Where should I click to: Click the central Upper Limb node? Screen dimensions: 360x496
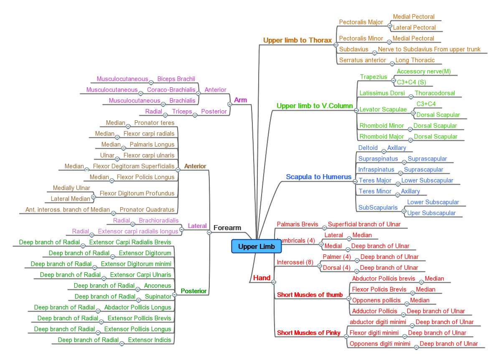(256, 246)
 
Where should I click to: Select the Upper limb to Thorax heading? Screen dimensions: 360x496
(297, 41)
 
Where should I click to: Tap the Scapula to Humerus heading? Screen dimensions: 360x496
(318, 177)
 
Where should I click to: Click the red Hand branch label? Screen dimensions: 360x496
(262, 278)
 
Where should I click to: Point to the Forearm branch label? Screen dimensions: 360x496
(227, 228)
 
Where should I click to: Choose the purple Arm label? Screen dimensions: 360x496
(240, 100)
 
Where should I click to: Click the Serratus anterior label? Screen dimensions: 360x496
(362, 60)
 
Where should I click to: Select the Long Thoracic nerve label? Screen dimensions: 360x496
(415, 60)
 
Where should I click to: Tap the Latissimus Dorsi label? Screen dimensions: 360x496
(382, 93)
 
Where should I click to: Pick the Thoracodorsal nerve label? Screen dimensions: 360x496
(435, 93)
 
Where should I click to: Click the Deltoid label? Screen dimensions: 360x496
(368, 148)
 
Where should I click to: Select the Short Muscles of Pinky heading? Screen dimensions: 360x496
(308, 333)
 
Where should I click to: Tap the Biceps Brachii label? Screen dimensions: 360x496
(176, 79)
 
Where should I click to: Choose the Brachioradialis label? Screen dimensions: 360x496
(158, 221)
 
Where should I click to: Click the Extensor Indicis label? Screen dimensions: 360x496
(149, 340)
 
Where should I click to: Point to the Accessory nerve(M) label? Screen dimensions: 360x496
(424, 71)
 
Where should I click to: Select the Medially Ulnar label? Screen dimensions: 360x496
(71, 188)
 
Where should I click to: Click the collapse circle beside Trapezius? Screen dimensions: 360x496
(393, 79)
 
